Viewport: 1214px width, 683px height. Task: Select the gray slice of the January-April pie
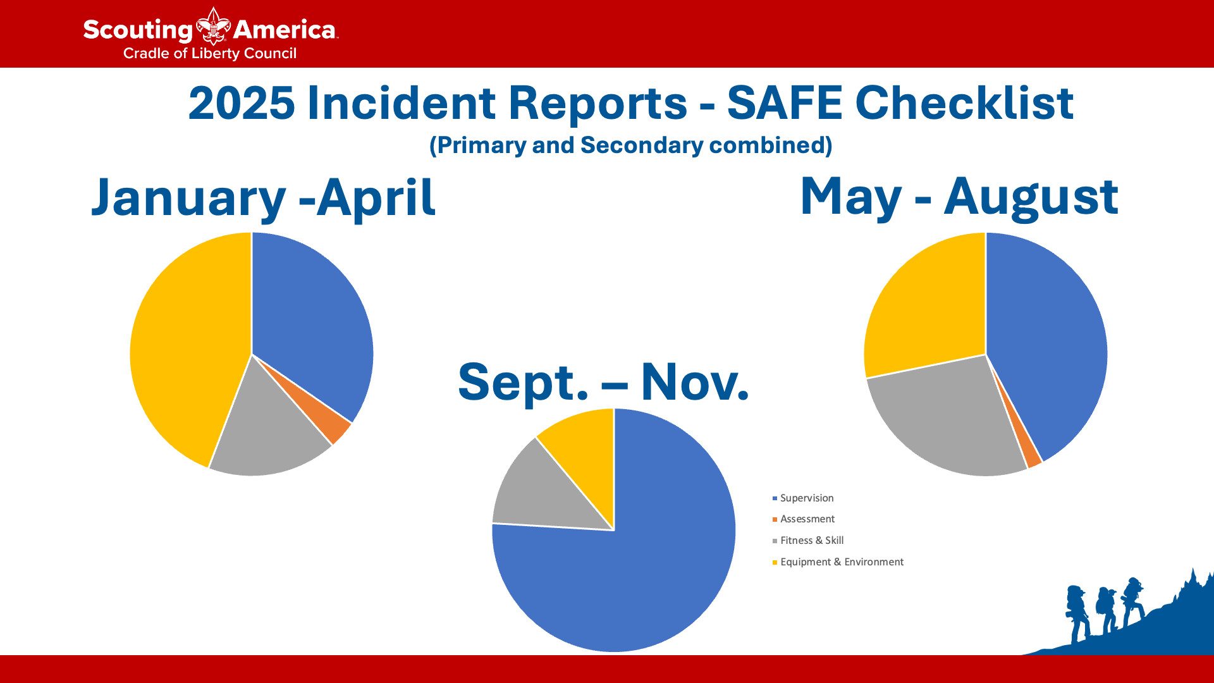(272, 430)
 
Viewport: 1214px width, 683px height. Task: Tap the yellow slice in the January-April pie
(183, 348)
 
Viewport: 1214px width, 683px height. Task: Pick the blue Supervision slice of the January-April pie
(310, 316)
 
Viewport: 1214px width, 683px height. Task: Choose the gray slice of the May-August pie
(942, 417)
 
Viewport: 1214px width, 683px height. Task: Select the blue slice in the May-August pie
(1050, 341)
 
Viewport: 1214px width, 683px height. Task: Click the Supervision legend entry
(806, 498)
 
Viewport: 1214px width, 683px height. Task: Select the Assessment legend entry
(807, 519)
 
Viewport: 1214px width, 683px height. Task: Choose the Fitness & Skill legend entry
(811, 541)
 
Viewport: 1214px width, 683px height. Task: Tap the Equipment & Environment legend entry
(841, 562)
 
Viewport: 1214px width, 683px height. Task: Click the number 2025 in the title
(242, 103)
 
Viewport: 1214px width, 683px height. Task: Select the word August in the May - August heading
(1031, 197)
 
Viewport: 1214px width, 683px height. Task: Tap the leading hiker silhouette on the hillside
(1133, 601)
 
